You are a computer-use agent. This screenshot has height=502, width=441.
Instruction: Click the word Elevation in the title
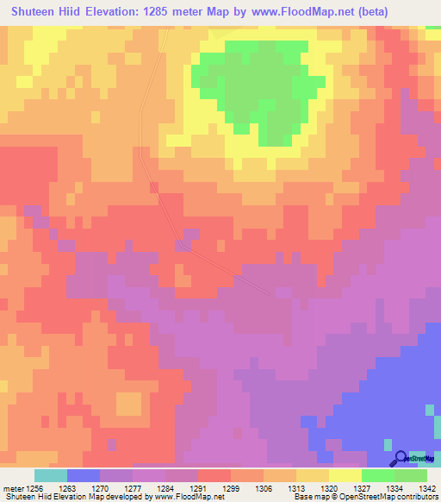(114, 12)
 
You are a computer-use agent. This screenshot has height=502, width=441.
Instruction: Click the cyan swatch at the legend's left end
(51, 475)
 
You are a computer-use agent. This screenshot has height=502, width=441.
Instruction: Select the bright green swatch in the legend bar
(378, 475)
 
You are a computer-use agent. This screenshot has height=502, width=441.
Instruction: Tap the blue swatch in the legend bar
(84, 475)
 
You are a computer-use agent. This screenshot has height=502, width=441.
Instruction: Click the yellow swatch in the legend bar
(345, 475)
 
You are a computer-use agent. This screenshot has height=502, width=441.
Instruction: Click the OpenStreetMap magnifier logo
(401, 459)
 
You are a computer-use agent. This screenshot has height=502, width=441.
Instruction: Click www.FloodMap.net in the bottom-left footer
(183, 497)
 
